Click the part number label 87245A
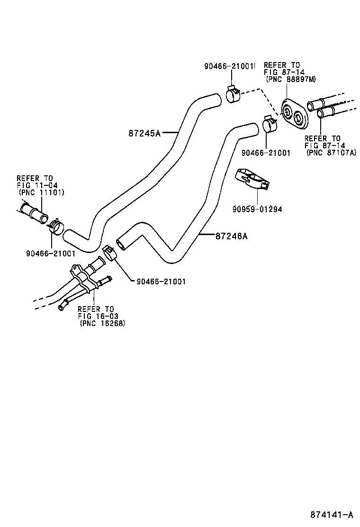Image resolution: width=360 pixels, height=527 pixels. pos(144,133)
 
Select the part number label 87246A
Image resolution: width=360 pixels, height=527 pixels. pos(231,236)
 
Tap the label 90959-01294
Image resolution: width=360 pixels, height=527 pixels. pos(257,209)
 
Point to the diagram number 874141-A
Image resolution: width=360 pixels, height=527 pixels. pos(332,515)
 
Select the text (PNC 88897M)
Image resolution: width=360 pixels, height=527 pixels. pos(290,79)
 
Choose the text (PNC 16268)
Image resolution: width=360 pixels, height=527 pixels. pos(102,323)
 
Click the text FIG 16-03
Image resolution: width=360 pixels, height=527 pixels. pos(98,316)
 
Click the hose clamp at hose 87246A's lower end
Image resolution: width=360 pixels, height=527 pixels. pos(110,253)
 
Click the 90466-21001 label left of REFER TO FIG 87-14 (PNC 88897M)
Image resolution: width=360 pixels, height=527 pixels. pos(229,66)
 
